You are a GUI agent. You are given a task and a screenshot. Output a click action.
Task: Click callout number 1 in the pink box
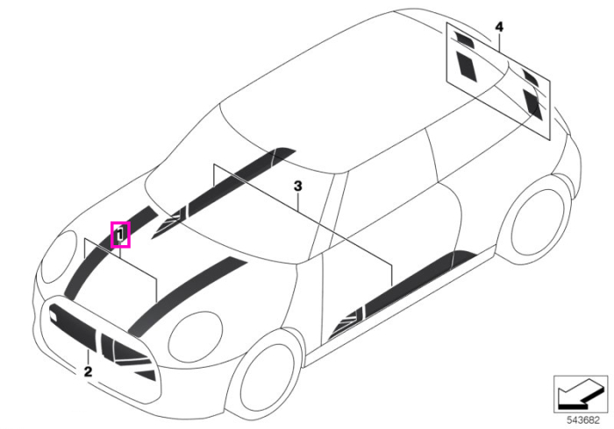(121, 235)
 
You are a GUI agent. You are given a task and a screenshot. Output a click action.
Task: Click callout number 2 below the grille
(88, 371)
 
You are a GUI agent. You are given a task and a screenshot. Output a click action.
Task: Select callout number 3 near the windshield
(298, 186)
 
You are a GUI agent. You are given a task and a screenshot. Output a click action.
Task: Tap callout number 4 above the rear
(499, 27)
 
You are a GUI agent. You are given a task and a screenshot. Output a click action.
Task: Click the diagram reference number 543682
(583, 420)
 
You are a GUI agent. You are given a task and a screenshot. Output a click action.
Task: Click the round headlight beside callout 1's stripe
(60, 256)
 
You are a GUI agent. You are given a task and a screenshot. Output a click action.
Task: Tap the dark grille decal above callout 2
(73, 325)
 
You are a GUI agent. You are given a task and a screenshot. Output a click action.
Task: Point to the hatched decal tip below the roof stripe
(169, 222)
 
